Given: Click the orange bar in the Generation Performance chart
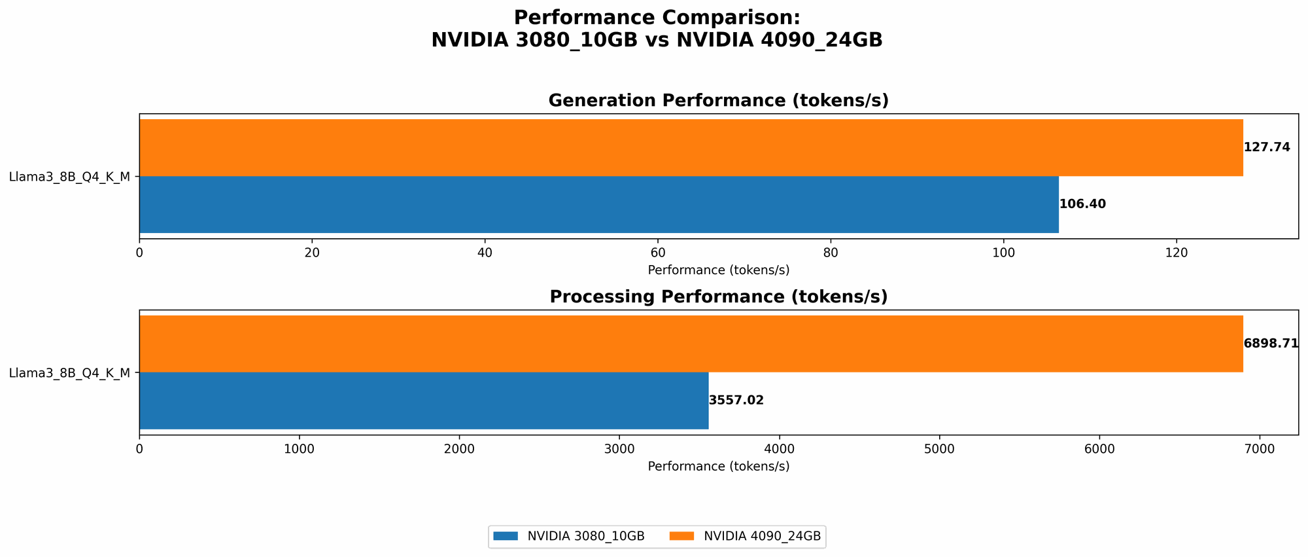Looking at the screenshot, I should pyautogui.click(x=691, y=147).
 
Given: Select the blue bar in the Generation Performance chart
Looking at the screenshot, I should pyautogui.click(x=598, y=204).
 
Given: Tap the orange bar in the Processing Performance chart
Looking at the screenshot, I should pyautogui.click(x=691, y=344).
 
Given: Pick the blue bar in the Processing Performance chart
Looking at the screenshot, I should pyautogui.click(x=424, y=401).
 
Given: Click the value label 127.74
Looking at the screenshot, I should pyautogui.click(x=1267, y=147).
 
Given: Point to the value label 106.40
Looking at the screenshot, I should pyautogui.click(x=1082, y=204).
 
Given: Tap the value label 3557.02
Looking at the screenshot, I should pyautogui.click(x=736, y=401).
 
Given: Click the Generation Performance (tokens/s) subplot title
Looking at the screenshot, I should pyautogui.click(x=718, y=101).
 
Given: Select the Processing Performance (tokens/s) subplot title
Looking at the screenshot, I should pyautogui.click(x=718, y=297).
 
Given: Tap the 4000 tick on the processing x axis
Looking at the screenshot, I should pyautogui.click(x=780, y=449).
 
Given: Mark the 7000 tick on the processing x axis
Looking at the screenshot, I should pyautogui.click(x=1260, y=449).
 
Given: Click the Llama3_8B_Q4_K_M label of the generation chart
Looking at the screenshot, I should pyautogui.click(x=69, y=177).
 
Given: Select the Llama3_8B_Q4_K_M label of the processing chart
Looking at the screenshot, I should pyautogui.click(x=69, y=373).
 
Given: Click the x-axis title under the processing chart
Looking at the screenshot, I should pyautogui.click(x=718, y=467).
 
